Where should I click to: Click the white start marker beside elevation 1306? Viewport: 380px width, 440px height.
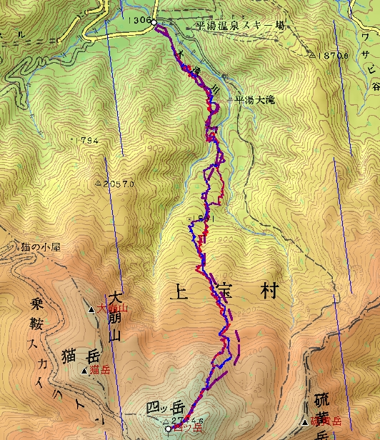[x=154, y=23]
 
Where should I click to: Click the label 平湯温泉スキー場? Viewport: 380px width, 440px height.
[x=240, y=25]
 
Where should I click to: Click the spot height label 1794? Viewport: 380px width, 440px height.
[x=86, y=140]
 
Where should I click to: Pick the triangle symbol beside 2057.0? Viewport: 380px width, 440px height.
[x=98, y=184]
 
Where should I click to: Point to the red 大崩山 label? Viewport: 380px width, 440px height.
[x=112, y=309]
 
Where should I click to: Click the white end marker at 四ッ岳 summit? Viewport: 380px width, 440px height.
[x=169, y=429]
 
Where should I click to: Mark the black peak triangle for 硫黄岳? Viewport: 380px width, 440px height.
[x=306, y=421]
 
